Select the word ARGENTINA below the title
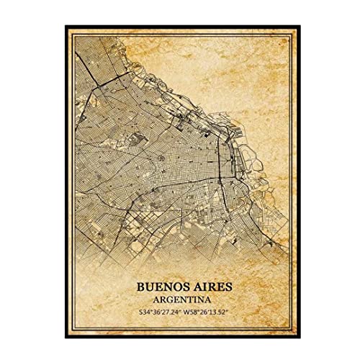point(180,302)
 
